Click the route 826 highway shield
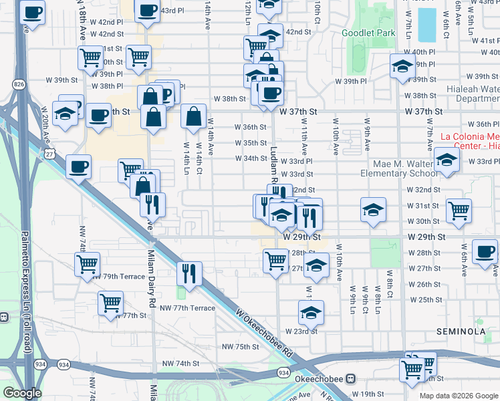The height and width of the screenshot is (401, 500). coord(19,84)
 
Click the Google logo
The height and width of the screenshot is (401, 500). coord(22,393)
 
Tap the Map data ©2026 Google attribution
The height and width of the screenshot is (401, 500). coord(459,396)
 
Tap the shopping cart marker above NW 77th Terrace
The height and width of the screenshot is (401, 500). coord(110,302)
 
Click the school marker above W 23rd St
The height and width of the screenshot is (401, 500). coord(311,311)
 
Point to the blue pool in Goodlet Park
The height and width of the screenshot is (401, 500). coord(425,25)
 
